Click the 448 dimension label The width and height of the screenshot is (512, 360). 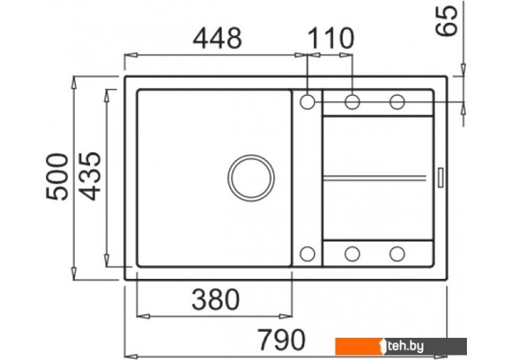[218, 38]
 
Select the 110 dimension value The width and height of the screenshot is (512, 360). [330, 38]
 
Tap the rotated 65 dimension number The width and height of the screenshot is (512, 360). [447, 20]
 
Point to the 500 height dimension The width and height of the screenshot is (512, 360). [57, 177]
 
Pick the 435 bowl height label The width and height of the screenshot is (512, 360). [90, 177]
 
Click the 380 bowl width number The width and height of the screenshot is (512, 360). [215, 300]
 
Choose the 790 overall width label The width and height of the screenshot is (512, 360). [282, 340]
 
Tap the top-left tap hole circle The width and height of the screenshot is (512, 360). [307, 102]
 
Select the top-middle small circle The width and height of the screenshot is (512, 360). [352, 102]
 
